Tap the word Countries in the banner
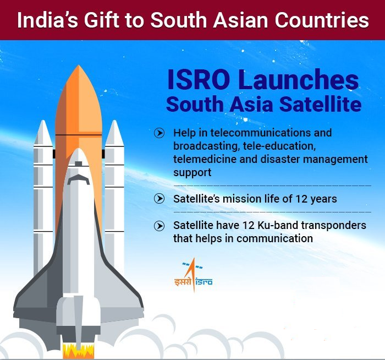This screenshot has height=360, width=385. point(322,20)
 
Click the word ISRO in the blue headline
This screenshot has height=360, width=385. point(199,80)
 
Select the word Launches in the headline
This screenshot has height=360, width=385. point(298,80)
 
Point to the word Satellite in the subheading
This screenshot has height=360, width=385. point(321,104)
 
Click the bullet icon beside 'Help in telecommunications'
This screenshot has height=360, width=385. point(159,133)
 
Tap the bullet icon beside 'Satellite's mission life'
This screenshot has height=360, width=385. point(159,199)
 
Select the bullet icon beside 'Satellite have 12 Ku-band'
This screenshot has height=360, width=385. point(159,226)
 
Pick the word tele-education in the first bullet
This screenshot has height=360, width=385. point(279,146)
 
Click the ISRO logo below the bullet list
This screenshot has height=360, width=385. point(193,275)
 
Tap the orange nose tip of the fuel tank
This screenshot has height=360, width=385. point(79,66)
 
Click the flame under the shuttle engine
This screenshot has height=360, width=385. point(78,351)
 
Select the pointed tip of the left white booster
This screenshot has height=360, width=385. point(43,121)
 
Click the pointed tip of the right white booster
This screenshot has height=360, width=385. point(114,121)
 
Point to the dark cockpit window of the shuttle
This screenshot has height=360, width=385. point(79,179)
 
